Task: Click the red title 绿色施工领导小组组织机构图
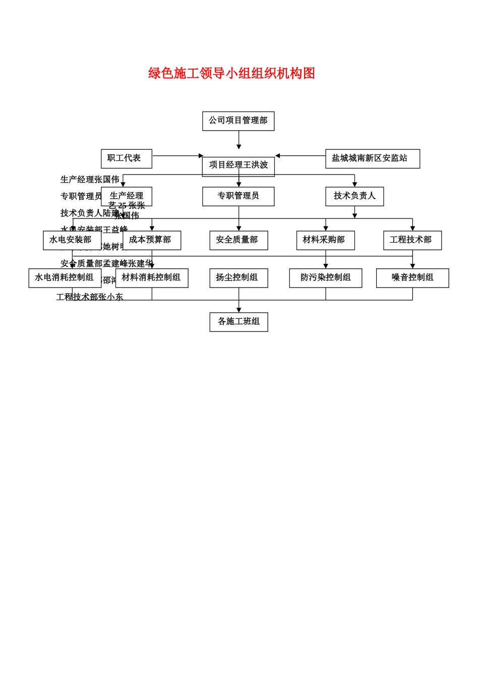[x=231, y=74]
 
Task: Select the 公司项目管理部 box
[x=238, y=121]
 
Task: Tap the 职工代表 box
[x=126, y=158]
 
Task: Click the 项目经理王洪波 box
[x=238, y=166]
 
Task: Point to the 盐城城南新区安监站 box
[x=372, y=158]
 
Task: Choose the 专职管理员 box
[x=238, y=196]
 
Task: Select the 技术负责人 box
[x=354, y=196]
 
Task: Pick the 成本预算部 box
[x=151, y=240]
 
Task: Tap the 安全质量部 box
[x=238, y=240]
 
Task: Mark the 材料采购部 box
[x=325, y=240]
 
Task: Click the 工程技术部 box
[x=412, y=240]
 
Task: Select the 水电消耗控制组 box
[x=65, y=278]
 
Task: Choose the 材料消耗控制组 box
[x=151, y=278]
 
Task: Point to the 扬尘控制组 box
[x=238, y=278]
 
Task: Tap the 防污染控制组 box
[x=325, y=278]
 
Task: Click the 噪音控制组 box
[x=412, y=278]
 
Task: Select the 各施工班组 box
[x=238, y=322]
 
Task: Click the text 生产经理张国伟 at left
[x=90, y=180]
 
